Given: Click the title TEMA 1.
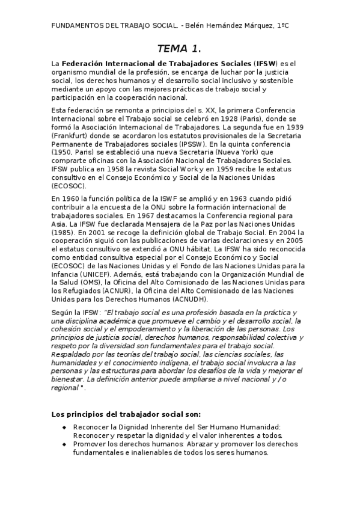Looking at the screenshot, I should tap(180, 48).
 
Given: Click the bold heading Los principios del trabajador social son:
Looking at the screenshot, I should tap(126, 414).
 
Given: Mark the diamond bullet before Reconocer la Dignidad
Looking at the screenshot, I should tap(64, 427).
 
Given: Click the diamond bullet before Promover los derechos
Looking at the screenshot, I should tap(64, 444).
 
